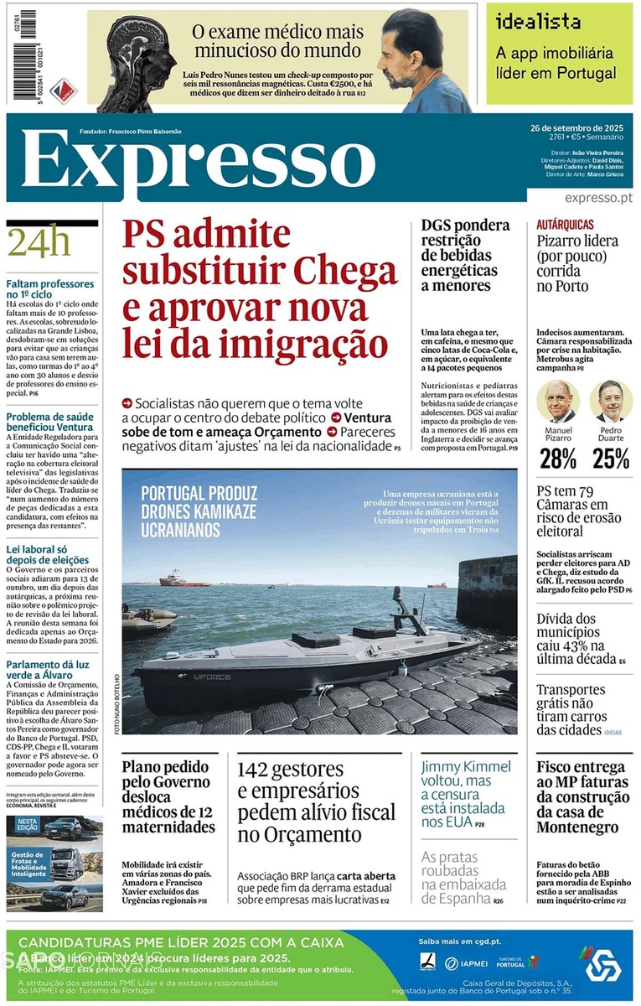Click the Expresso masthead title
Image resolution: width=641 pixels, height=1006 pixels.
click(197, 163)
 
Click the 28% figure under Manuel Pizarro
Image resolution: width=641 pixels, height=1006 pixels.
click(557, 459)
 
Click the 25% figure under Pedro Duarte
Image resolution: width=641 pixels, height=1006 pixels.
click(610, 459)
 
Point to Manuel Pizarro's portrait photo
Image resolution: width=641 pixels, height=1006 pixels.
click(558, 402)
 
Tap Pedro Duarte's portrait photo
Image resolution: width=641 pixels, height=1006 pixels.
click(610, 402)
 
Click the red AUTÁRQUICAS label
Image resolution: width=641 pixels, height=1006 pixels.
click(566, 225)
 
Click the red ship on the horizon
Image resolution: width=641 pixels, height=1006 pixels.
click(184, 578)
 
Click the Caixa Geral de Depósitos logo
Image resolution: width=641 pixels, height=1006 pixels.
click(601, 962)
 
